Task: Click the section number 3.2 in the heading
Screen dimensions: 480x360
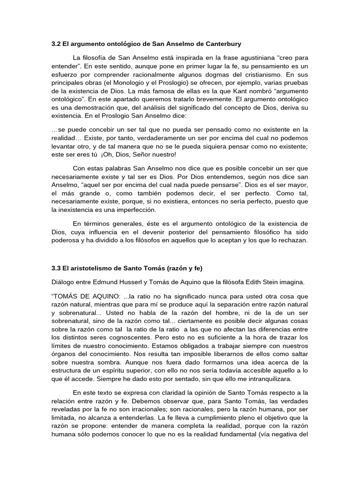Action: tap(56, 44)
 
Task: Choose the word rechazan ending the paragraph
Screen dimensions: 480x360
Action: tap(293, 240)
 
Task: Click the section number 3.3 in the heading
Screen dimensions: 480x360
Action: tap(56, 268)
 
